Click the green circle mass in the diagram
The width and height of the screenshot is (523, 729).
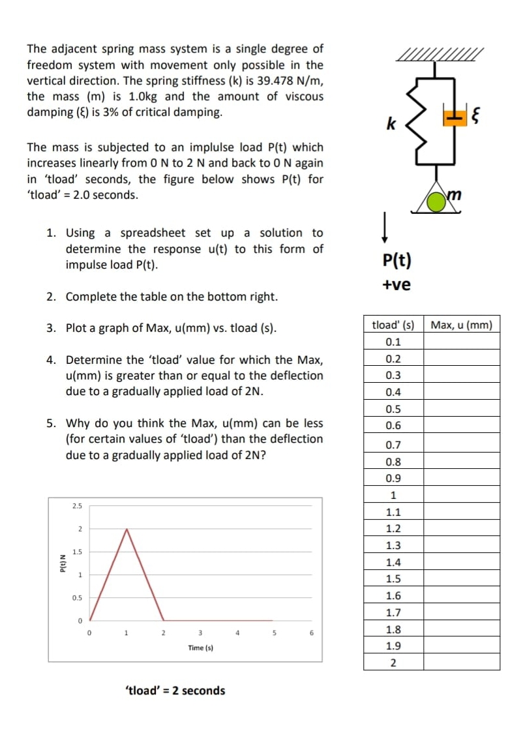pos(436,203)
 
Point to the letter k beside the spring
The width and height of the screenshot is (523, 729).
pos(391,123)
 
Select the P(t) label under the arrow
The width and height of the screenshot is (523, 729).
pos(396,261)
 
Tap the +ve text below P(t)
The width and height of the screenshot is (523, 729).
pos(396,285)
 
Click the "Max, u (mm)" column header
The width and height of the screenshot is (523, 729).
pos(462,325)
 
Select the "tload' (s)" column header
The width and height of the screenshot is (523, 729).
pos(393,325)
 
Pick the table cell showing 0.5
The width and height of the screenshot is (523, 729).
pos(393,409)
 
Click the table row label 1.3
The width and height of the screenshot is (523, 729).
pos(393,545)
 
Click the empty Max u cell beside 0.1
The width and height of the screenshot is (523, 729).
pos(462,342)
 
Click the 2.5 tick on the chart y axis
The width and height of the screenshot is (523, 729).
pos(77,505)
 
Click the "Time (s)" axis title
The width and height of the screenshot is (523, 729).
pos(200,648)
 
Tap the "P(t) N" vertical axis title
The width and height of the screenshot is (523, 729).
pos(61,562)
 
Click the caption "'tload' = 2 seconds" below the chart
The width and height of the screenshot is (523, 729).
pos(174,691)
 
